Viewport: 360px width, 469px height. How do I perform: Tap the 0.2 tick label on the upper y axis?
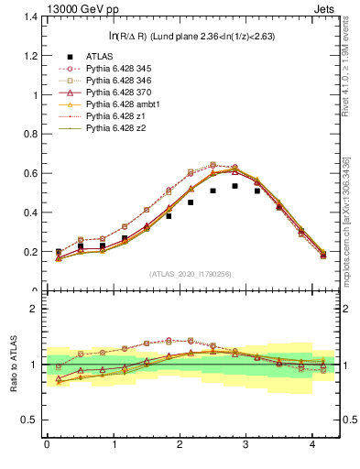[x=28, y=252]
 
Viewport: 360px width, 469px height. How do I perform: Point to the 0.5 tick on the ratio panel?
[x=28, y=420]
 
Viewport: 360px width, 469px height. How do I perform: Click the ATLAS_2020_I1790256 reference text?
[x=190, y=274]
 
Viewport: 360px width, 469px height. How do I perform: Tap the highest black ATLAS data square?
[x=235, y=186]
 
